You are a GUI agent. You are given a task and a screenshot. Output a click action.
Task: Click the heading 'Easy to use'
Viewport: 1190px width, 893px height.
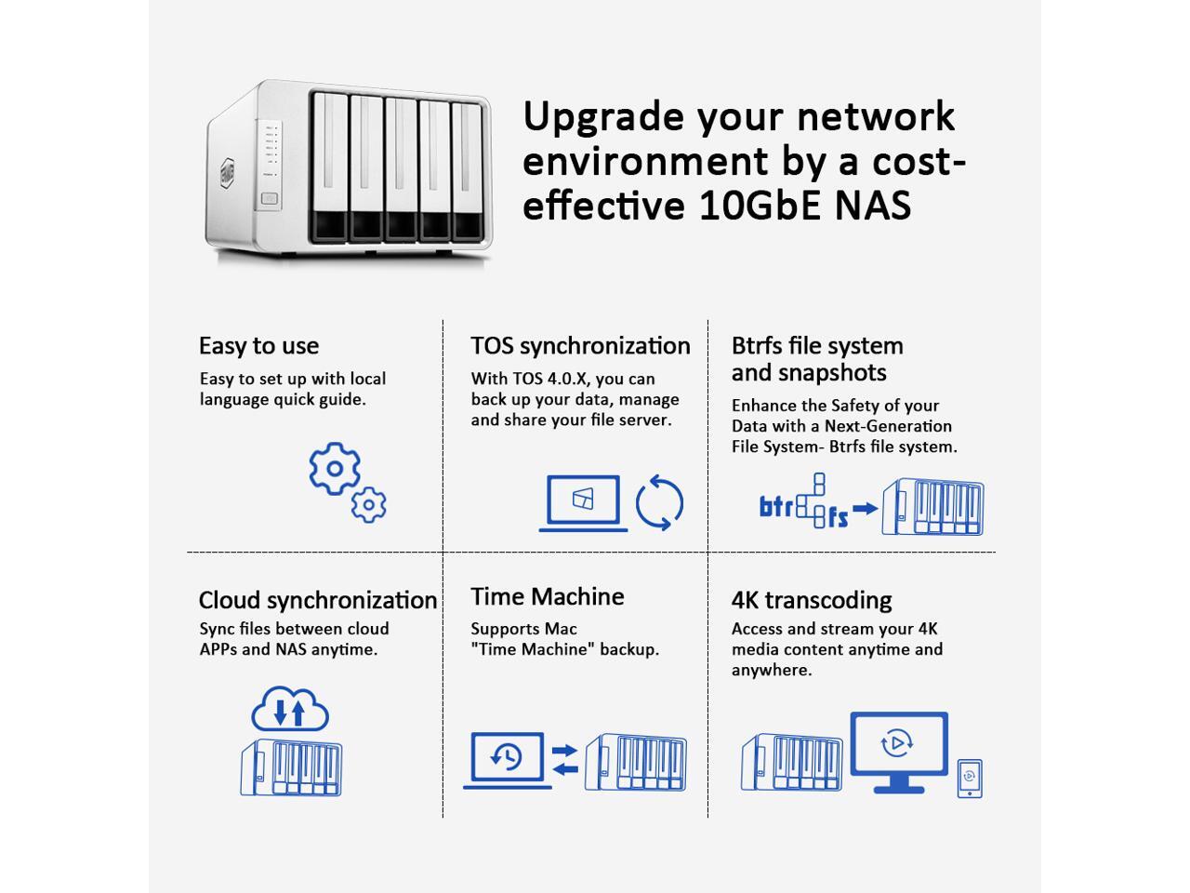[x=258, y=346]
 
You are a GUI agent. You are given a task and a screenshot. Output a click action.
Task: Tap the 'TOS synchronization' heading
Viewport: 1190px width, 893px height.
[x=580, y=346]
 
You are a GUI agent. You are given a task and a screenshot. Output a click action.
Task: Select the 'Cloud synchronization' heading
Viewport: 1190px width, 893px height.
[x=317, y=600]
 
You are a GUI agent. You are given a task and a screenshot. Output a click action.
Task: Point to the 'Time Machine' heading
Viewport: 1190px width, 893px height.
[x=547, y=596]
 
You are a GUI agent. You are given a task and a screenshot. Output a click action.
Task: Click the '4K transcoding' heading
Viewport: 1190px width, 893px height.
[x=811, y=600]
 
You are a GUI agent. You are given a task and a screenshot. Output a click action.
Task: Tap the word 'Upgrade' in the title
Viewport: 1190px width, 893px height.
[x=602, y=117]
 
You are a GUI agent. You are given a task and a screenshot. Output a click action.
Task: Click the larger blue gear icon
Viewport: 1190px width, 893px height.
[x=335, y=468]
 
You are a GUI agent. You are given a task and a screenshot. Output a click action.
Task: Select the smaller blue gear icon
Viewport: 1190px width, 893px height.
[x=369, y=504]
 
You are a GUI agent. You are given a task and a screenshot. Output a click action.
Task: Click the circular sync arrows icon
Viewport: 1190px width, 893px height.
[x=659, y=503]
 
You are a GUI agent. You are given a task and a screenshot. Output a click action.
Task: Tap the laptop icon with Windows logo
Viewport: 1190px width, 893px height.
[x=583, y=503]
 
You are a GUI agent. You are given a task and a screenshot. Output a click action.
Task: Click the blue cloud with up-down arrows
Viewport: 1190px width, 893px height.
[x=290, y=710]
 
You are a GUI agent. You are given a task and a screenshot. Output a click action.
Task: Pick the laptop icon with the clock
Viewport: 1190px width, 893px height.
[x=508, y=759]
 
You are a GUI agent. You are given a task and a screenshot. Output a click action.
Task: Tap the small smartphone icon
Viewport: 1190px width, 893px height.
[x=970, y=778]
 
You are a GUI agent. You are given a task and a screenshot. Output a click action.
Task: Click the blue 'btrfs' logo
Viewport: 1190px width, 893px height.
[x=803, y=503]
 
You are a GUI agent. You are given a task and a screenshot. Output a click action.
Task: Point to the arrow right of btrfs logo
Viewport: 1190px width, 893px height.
[x=866, y=509]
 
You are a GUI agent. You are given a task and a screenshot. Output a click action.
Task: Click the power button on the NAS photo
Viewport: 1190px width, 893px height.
[x=270, y=198]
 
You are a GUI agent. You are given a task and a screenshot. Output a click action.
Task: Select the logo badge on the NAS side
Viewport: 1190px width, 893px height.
[x=229, y=173]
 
